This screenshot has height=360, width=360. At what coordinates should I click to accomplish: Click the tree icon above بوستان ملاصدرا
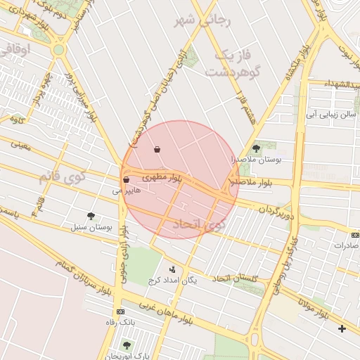pos(256,148)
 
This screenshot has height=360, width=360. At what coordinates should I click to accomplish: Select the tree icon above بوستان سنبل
pos(91,215)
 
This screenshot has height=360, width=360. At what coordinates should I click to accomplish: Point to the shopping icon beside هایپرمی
pos(126,180)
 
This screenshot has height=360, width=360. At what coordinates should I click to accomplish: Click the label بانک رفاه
pos(120,321)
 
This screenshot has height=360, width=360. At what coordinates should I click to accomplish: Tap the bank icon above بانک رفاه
pos(120,311)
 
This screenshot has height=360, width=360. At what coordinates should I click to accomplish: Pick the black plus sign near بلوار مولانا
pos(342,328)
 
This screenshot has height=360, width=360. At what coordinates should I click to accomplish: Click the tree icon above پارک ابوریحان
pos(127,345)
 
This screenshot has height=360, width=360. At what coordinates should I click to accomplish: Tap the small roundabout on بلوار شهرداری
pos(58,50)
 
